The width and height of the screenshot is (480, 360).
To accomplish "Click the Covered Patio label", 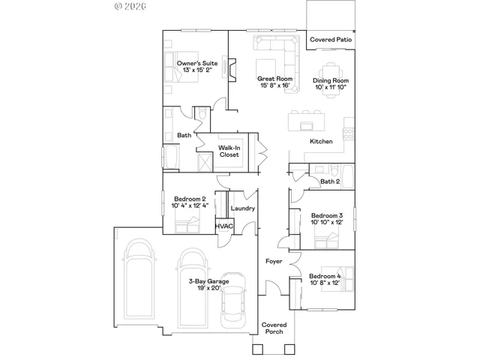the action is click(x=331, y=40).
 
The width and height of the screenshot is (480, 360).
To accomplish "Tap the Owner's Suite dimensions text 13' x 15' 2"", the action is click(x=197, y=70).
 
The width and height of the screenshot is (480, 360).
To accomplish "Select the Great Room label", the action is click(x=274, y=79).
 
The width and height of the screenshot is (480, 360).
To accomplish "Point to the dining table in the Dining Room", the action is click(x=331, y=80).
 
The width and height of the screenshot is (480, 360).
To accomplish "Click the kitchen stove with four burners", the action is click(x=348, y=133).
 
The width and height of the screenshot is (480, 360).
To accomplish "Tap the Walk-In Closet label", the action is click(x=229, y=151).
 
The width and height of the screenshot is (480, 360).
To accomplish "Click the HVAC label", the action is click(x=224, y=226).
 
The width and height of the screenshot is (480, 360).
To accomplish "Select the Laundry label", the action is click(x=243, y=208).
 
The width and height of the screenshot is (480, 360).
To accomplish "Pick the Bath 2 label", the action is click(x=330, y=181).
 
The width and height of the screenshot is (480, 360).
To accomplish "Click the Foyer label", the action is click(x=274, y=261).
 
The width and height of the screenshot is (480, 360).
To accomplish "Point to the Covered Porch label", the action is click(x=274, y=328).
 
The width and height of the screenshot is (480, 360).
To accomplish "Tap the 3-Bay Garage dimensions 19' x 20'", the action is click(x=209, y=288).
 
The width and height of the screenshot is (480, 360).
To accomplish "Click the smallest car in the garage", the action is click(x=233, y=299).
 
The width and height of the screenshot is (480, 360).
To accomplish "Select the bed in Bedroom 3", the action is click(x=327, y=240).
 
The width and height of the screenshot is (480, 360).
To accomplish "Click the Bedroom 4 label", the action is click(x=325, y=276).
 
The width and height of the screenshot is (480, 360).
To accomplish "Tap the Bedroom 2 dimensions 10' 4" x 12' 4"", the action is click(x=190, y=205).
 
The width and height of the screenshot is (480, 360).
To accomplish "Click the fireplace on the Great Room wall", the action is click(x=232, y=70).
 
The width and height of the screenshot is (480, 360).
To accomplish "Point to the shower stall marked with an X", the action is click(x=205, y=162).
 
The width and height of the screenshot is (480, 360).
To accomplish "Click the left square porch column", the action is click(x=257, y=349).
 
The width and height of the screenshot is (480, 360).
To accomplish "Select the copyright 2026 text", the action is click(x=130, y=6).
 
